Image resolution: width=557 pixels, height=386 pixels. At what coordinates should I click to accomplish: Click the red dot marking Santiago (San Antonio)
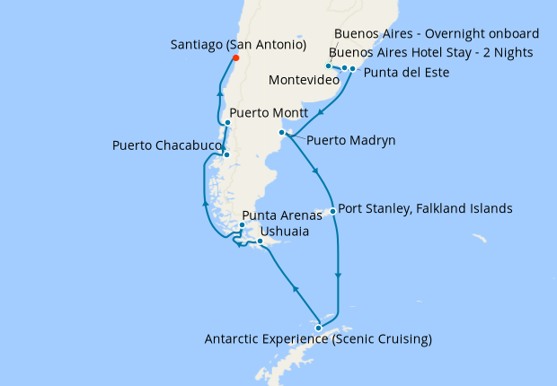pos(235,58)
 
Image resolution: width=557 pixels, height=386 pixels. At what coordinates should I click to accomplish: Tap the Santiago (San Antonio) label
pos(237,44)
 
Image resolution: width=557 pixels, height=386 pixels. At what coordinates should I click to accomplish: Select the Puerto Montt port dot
pos(228,123)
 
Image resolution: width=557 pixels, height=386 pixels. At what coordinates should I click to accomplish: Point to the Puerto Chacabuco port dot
pos(226,154)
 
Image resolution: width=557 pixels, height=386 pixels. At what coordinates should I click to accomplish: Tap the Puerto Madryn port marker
pos(282,133)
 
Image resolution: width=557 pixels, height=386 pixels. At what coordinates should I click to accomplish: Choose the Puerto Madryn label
pos(350,141)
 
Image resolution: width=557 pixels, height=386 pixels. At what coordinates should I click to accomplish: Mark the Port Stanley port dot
pos(333,212)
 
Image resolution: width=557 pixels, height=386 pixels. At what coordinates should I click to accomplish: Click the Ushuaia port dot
pos(260,241)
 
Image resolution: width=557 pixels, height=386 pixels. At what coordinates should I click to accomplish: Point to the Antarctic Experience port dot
pos(318,328)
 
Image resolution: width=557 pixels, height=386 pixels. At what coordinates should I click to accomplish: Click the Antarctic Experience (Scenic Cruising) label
pos(318,339)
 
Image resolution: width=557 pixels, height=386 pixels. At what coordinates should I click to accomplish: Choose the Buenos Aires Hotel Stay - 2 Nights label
pos(430,53)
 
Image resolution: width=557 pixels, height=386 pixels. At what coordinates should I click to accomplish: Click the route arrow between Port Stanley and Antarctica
pos(339,276)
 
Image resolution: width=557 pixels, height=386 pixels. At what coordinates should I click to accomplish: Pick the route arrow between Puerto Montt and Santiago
pos(217,90)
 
